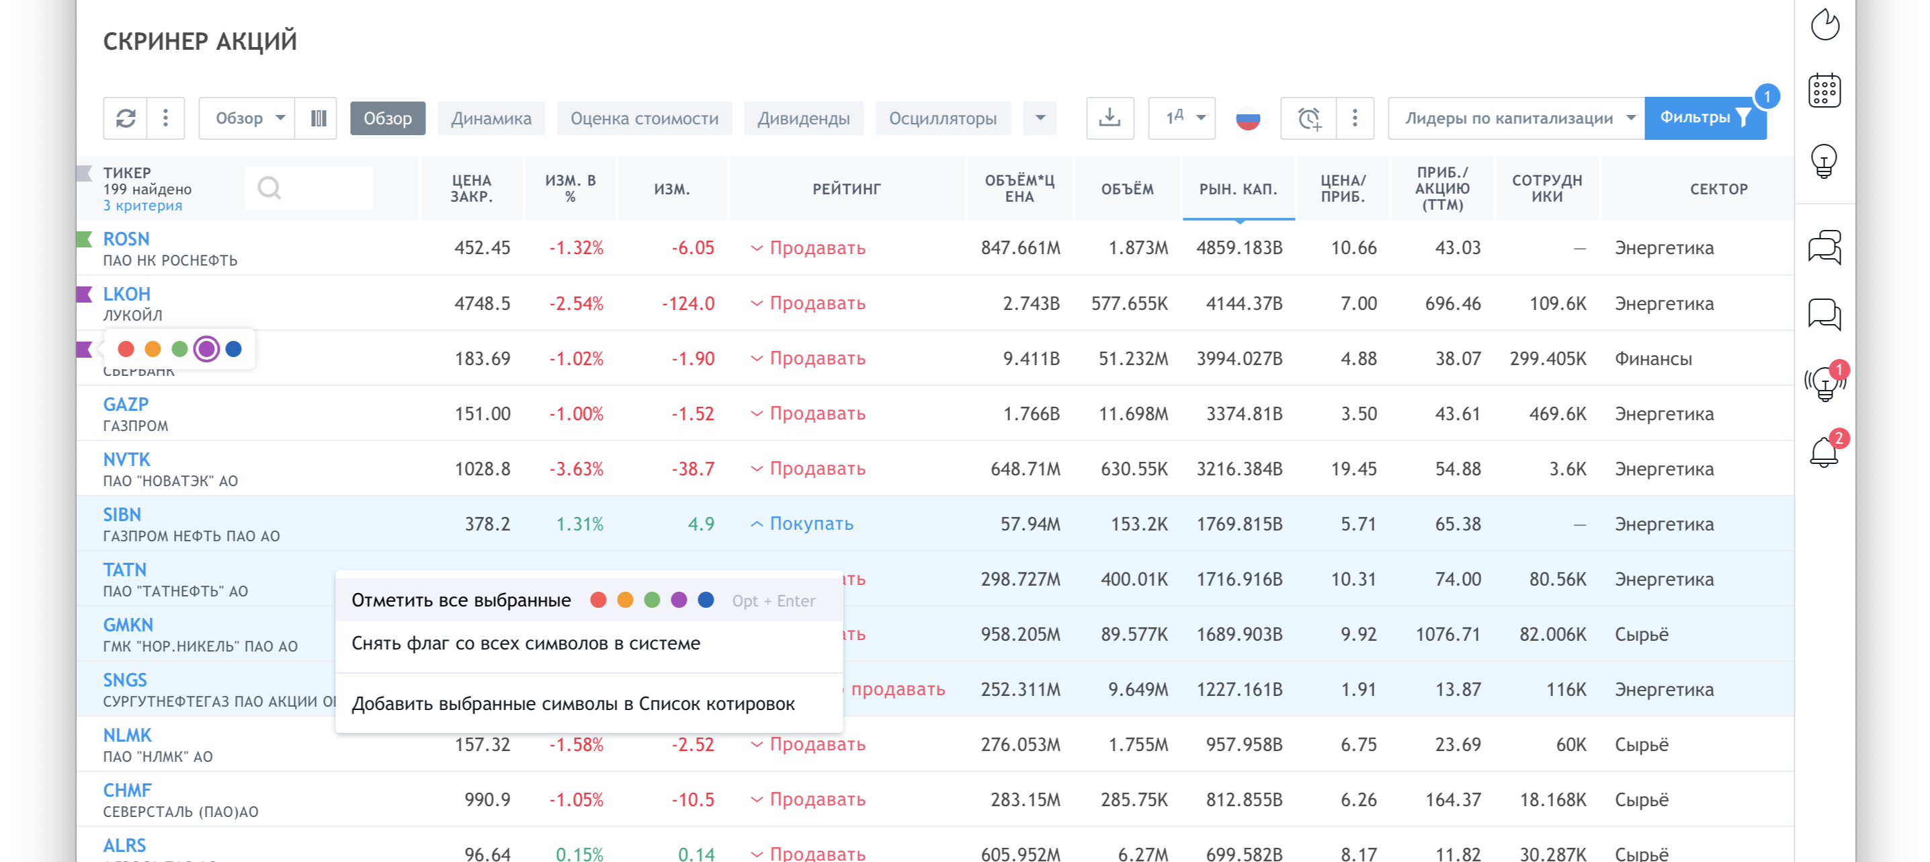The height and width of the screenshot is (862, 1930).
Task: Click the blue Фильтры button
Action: [x=1704, y=118]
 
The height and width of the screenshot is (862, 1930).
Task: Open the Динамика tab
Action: [x=491, y=118]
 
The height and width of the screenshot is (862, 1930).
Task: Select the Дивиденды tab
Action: [x=803, y=118]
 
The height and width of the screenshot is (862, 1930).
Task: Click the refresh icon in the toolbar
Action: [x=126, y=118]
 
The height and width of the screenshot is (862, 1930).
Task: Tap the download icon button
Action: [x=1109, y=118]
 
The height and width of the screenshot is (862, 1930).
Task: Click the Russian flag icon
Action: [x=1247, y=118]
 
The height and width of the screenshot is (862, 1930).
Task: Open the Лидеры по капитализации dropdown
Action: [x=1517, y=118]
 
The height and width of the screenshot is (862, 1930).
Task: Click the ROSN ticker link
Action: [x=126, y=239]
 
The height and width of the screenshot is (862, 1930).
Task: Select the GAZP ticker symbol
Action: [x=126, y=405]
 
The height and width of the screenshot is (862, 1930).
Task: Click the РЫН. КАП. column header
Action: [x=1238, y=189]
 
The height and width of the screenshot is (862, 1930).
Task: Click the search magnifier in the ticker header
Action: [x=269, y=188]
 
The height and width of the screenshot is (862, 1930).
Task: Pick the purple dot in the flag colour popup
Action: [x=206, y=348]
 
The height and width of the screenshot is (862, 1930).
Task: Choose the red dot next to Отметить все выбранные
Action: [x=598, y=600]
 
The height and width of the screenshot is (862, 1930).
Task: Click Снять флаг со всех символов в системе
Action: [x=526, y=643]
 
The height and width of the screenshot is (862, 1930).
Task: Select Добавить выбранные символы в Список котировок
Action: [x=573, y=704]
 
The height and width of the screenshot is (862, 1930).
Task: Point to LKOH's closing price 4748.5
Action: [x=482, y=303]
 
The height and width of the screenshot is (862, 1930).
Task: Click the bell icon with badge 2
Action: [x=1824, y=451]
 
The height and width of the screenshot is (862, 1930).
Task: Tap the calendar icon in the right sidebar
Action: [x=1824, y=91]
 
